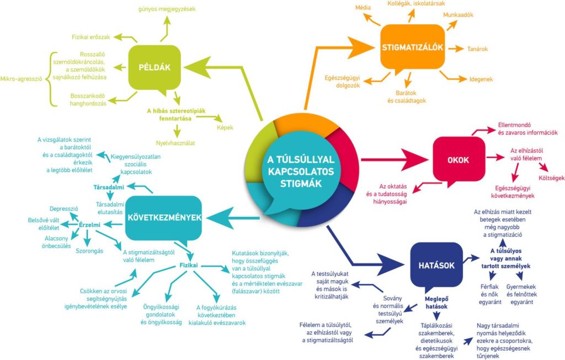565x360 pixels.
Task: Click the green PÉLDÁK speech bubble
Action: [154, 68]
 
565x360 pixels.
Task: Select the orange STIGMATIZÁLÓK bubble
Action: [413, 47]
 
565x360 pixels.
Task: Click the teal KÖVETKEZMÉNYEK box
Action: [163, 218]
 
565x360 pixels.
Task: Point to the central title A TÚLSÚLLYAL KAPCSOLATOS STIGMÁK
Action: [301, 171]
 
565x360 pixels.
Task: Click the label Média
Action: [363, 7]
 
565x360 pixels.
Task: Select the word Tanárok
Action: [478, 49]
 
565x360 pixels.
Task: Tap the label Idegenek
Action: [481, 79]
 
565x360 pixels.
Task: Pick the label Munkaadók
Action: [459, 15]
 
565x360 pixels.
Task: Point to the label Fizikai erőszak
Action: [92, 37]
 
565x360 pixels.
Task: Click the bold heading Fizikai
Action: [190, 265]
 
